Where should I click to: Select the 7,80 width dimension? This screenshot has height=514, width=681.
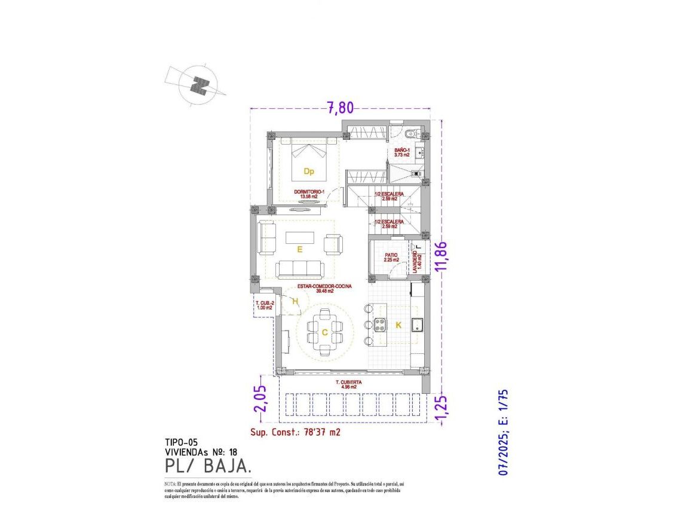[x=340, y=108]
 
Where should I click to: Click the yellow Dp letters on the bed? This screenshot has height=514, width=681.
[x=309, y=172]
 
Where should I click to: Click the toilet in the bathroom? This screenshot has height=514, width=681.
[x=409, y=133]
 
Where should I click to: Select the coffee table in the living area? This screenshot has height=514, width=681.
[x=299, y=237]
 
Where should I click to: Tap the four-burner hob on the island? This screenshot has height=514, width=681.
[x=380, y=325]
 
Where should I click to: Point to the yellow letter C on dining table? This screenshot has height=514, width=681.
[x=324, y=333]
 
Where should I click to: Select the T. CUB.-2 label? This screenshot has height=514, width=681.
[x=265, y=305]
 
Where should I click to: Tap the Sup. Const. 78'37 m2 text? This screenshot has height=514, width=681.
[x=295, y=432]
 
